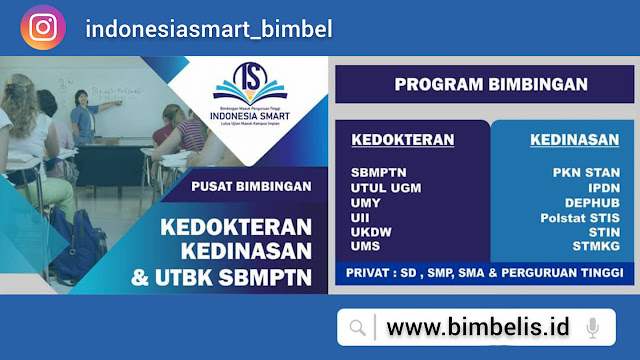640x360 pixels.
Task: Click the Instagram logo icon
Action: tap(42, 28)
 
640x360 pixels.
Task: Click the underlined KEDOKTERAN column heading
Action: tap(402, 140)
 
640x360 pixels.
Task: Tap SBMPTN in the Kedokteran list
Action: tap(378, 171)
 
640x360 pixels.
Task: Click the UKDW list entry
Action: tap(370, 231)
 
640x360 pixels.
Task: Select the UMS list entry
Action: tap(366, 246)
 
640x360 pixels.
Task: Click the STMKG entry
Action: tap(595, 246)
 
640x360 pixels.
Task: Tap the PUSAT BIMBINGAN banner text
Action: tap(250, 185)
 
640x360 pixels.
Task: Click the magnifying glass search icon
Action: tap(357, 327)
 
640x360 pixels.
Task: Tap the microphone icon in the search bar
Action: tap(593, 327)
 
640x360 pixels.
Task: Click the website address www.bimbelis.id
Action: tap(477, 327)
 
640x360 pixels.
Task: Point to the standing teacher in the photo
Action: tap(80, 115)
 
